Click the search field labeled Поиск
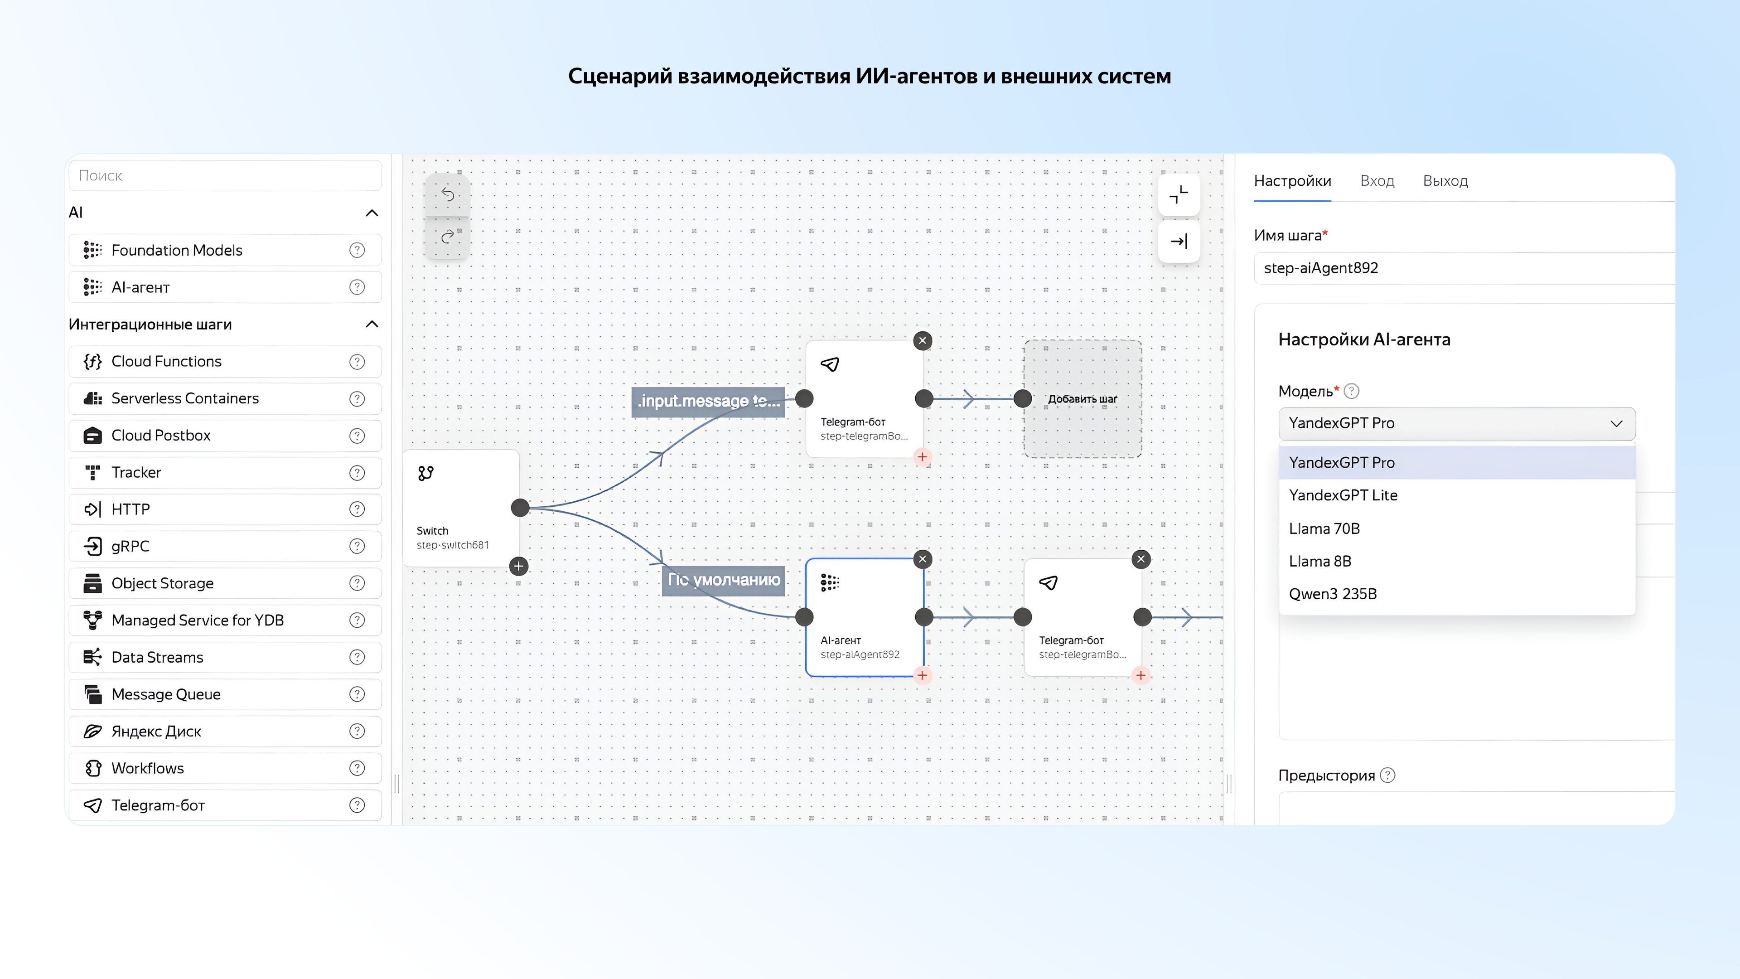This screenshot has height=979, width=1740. [225, 176]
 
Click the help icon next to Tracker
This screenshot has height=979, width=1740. [357, 473]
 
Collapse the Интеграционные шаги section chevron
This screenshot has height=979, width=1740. [372, 325]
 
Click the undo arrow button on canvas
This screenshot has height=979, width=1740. [447, 194]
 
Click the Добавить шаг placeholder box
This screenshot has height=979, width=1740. [1082, 399]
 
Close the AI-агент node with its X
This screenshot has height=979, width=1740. [922, 559]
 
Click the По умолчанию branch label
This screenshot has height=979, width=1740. [724, 580]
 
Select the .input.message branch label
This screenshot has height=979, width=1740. [708, 401]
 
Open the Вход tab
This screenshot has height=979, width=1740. [1377, 181]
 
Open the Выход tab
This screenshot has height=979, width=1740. [1445, 181]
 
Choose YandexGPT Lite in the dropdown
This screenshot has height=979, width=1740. [1343, 495]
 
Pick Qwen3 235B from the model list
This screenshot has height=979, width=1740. [1332, 594]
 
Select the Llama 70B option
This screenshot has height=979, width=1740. [1324, 528]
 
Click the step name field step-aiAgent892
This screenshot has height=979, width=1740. [1459, 268]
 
